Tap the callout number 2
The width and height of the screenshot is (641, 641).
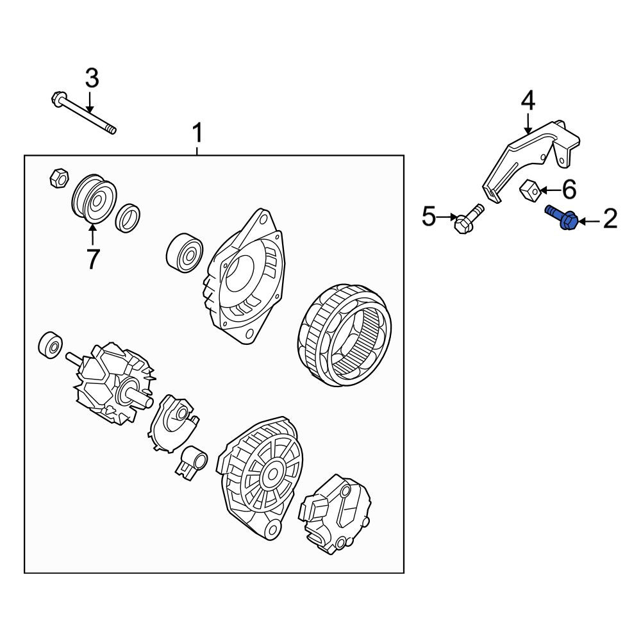[x=610, y=219]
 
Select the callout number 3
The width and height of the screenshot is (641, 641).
[x=92, y=78]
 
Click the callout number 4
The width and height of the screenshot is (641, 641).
[x=528, y=101]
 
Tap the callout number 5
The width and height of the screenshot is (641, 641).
[x=429, y=216]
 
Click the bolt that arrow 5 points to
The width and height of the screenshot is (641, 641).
[x=469, y=219]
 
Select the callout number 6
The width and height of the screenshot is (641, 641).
[x=569, y=189]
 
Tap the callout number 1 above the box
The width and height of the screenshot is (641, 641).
[x=197, y=134]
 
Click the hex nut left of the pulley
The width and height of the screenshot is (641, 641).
[x=58, y=178]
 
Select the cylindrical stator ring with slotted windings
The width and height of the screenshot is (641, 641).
[x=344, y=335]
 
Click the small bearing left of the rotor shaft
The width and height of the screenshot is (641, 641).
[x=50, y=346]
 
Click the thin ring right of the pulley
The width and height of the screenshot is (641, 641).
[x=128, y=217]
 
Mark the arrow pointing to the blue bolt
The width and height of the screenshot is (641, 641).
[x=590, y=222]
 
